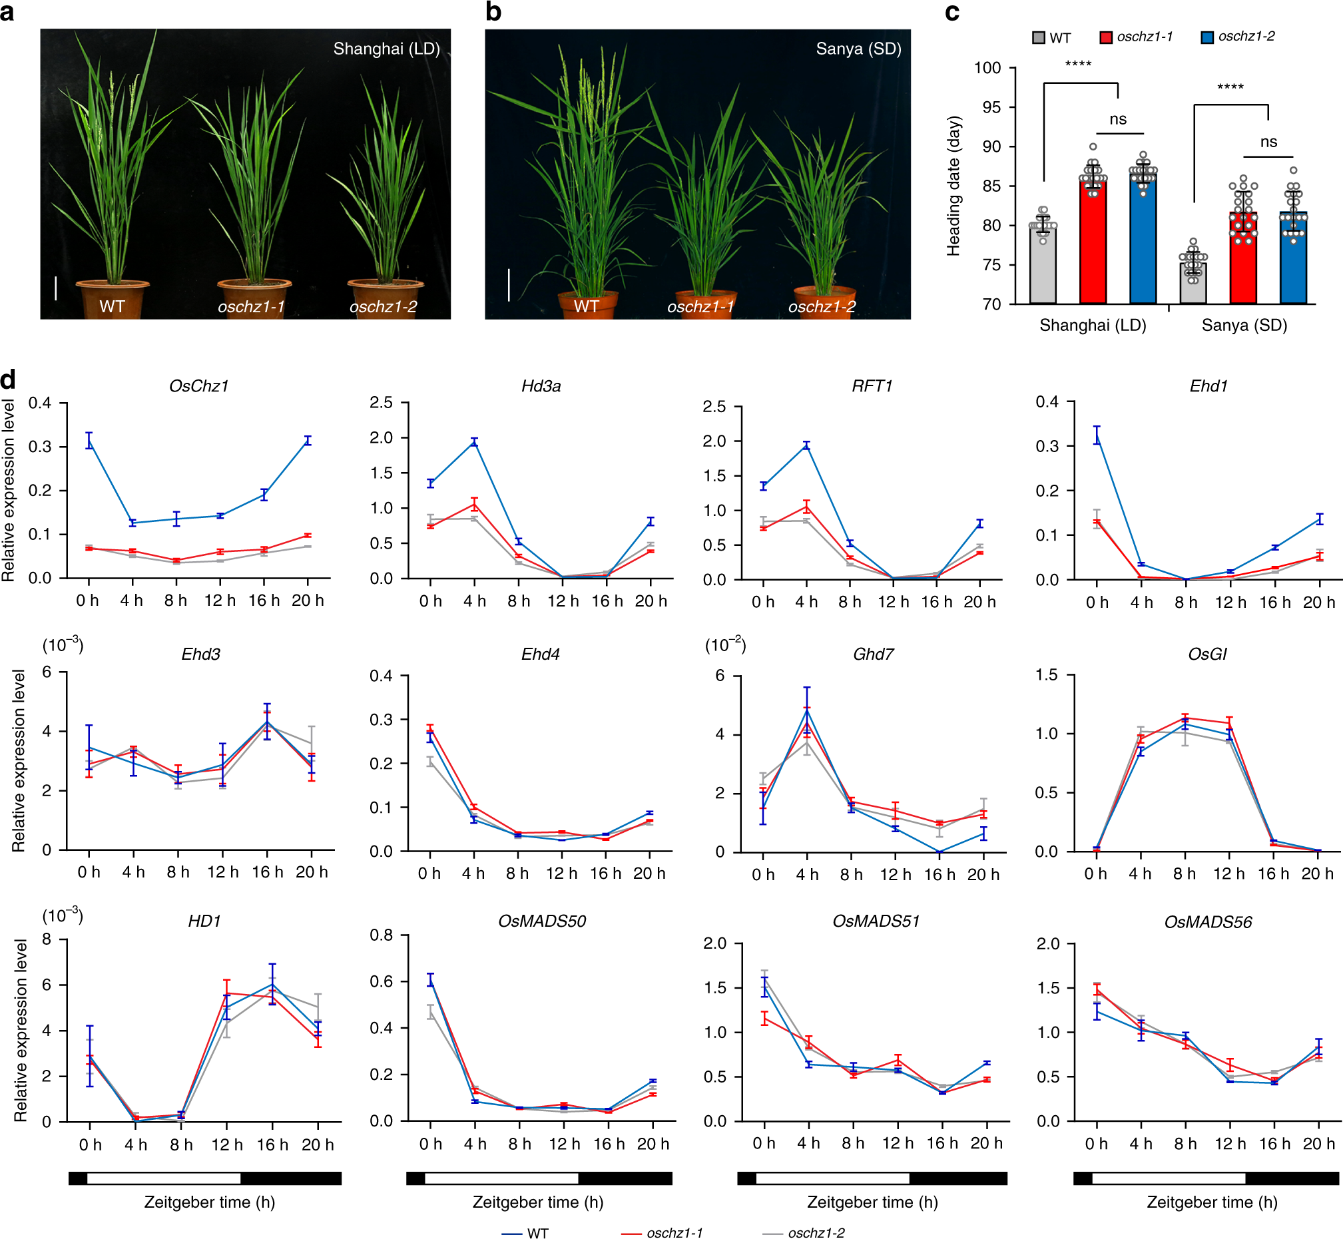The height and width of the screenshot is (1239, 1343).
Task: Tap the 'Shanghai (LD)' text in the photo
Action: (386, 49)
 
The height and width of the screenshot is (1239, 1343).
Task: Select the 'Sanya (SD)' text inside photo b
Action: (858, 49)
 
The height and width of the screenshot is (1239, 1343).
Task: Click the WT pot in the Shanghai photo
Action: (113, 298)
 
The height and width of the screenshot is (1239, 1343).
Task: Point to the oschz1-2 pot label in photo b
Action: (822, 307)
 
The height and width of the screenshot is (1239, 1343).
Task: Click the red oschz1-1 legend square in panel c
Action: (1106, 37)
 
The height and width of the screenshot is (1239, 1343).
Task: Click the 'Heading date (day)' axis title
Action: (953, 186)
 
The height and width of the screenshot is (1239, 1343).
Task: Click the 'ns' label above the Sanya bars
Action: (1268, 142)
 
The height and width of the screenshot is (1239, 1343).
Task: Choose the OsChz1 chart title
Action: (199, 386)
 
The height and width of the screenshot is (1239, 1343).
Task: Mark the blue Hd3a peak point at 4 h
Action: (474, 442)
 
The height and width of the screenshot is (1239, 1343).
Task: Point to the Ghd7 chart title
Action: (873, 654)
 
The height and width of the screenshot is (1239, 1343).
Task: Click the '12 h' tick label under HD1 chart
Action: (226, 1144)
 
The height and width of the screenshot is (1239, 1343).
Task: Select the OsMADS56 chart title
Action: (1208, 923)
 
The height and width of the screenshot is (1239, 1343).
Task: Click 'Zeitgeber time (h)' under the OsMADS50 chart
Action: (538, 1202)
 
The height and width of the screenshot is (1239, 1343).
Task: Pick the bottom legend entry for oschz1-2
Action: (815, 1232)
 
